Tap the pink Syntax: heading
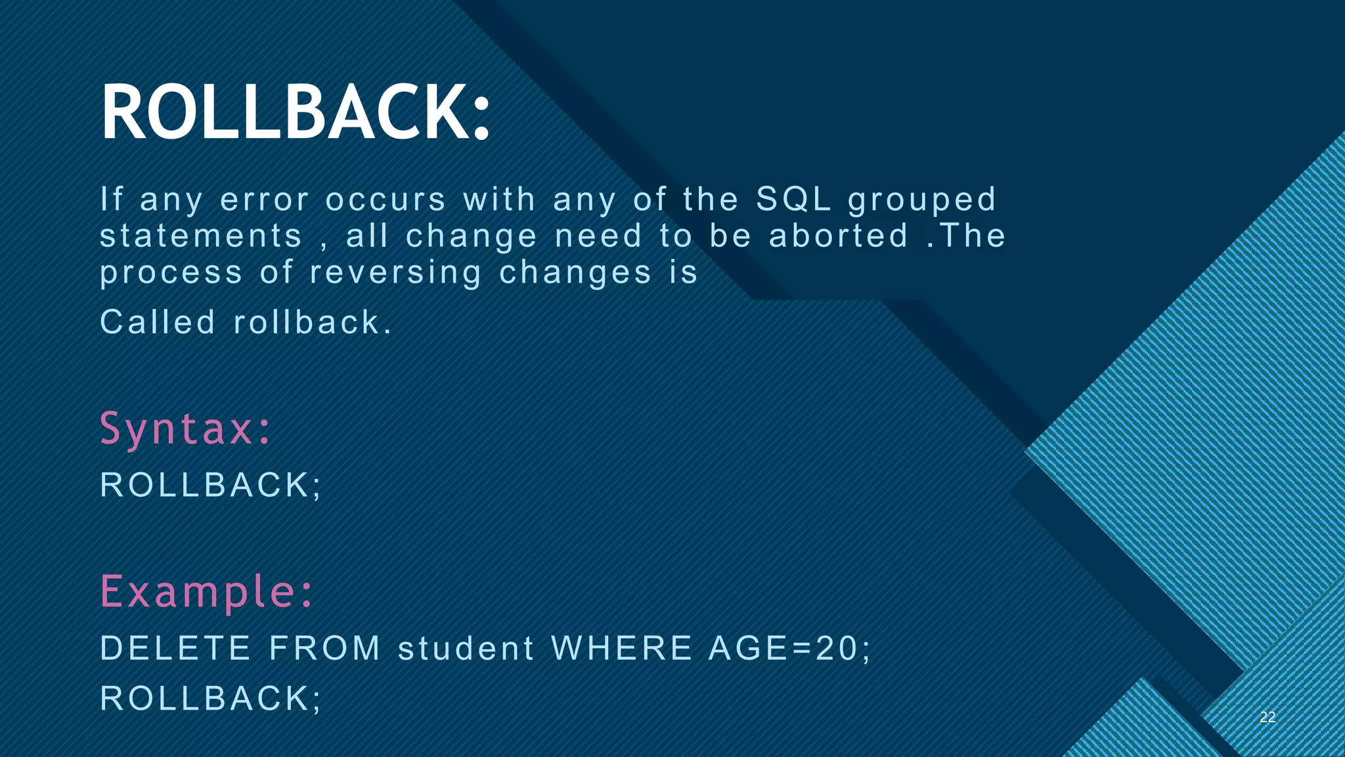point(185,428)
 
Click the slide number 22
point(1268,717)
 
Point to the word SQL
point(793,199)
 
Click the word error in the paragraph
point(264,199)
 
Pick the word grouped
point(922,200)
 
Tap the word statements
point(201,236)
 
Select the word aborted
point(839,236)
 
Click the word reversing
point(395,273)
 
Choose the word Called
point(158,322)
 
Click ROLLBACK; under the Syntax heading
point(210,485)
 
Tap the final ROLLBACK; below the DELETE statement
point(210,698)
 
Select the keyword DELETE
point(175,648)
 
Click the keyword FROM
point(325,648)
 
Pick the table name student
point(466,648)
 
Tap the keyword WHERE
point(622,648)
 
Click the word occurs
point(386,199)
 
